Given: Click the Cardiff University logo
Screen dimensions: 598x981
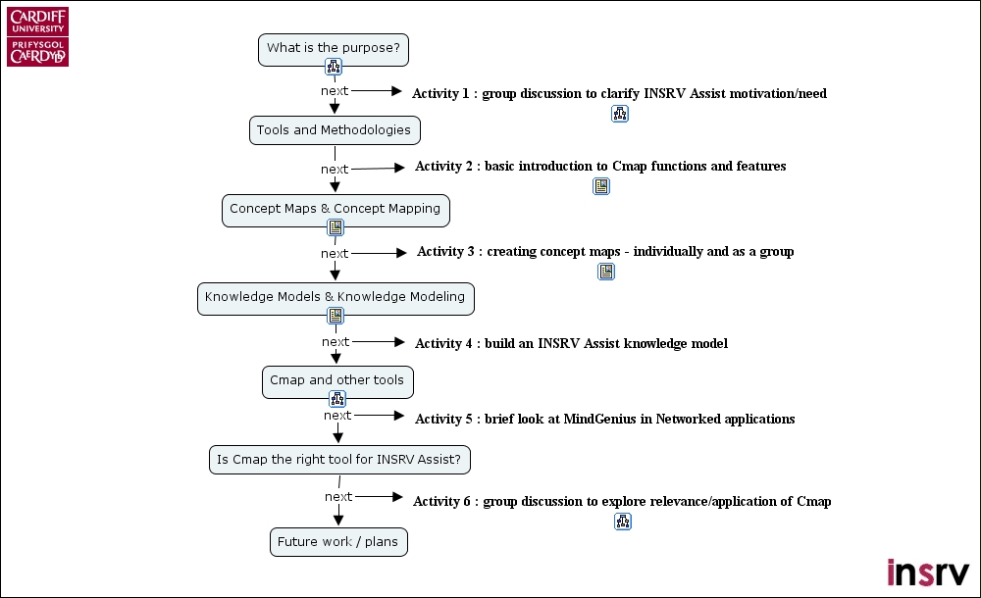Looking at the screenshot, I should tap(38, 37).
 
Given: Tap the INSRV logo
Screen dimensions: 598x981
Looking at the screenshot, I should tap(927, 572).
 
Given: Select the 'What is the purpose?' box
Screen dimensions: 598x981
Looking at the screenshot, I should tap(334, 48).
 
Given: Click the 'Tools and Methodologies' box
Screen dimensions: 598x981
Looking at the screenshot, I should tap(334, 130).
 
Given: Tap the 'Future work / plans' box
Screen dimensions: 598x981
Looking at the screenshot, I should tap(337, 542).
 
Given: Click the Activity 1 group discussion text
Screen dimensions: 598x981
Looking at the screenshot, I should tap(619, 94).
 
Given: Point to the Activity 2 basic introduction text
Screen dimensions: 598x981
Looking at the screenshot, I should tap(600, 167).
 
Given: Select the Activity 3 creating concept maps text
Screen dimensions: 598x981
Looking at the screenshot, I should tap(605, 252).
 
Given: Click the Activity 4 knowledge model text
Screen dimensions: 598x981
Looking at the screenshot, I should tap(571, 344).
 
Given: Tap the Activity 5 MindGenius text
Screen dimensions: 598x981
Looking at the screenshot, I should tap(604, 420).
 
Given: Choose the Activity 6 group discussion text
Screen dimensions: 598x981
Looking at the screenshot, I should tap(622, 502).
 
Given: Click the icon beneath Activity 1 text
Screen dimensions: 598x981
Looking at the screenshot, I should tap(619, 114).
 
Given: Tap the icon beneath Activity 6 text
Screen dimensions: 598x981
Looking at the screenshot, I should tap(623, 522).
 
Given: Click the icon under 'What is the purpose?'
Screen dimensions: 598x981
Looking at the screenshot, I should tap(334, 68).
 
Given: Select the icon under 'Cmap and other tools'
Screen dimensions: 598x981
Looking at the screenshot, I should tap(337, 399).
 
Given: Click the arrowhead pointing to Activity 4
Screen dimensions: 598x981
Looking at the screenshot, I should tap(397, 342).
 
